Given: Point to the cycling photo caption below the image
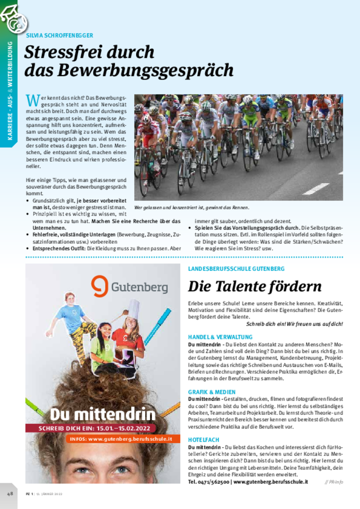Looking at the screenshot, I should tap(191, 207).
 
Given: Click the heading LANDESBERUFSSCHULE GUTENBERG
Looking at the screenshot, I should tap(236, 268).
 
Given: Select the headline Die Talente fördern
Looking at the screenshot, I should tap(255, 286).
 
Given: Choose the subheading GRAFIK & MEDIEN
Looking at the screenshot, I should tap(212, 392).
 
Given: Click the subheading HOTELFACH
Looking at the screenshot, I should tap(203, 440).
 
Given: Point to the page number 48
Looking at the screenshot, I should tap(10, 494).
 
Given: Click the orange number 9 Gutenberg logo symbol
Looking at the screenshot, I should tap(99, 286).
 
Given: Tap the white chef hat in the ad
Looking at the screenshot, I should tap(133, 309).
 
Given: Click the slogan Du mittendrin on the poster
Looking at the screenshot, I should tap(102, 414).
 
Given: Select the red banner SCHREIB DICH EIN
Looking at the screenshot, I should tap(102, 428).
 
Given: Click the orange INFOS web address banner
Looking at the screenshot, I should tap(121, 439).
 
